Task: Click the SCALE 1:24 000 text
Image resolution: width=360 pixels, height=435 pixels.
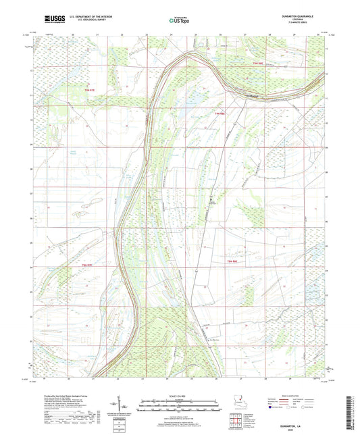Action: pos(179,394)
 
